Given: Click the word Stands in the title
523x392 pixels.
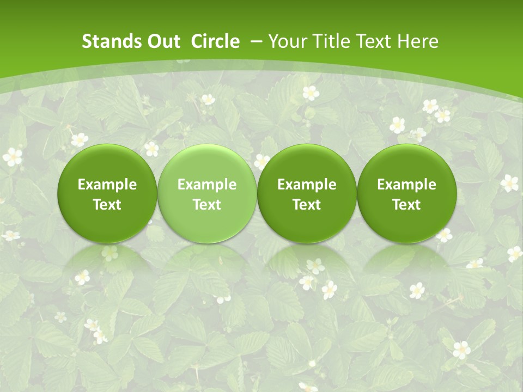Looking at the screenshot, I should pos(106,42).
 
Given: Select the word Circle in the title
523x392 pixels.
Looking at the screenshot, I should pos(215,42).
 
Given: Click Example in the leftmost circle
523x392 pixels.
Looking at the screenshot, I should pos(107,185).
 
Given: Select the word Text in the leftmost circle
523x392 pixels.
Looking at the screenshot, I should pos(107,205).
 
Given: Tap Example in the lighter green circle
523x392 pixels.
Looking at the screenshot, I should pos(207,185).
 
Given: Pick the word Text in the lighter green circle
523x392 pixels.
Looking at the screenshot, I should pos(207,205).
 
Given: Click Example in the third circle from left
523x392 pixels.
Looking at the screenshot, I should pos(307,185).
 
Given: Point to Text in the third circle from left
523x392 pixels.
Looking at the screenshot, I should pos(307,205).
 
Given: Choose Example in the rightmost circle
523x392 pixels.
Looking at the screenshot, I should pos(406,185).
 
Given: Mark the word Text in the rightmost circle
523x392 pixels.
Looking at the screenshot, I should pos(406,205).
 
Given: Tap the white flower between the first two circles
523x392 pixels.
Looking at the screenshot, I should pos(151,149).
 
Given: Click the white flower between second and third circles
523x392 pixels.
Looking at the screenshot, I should pos(262,161).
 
